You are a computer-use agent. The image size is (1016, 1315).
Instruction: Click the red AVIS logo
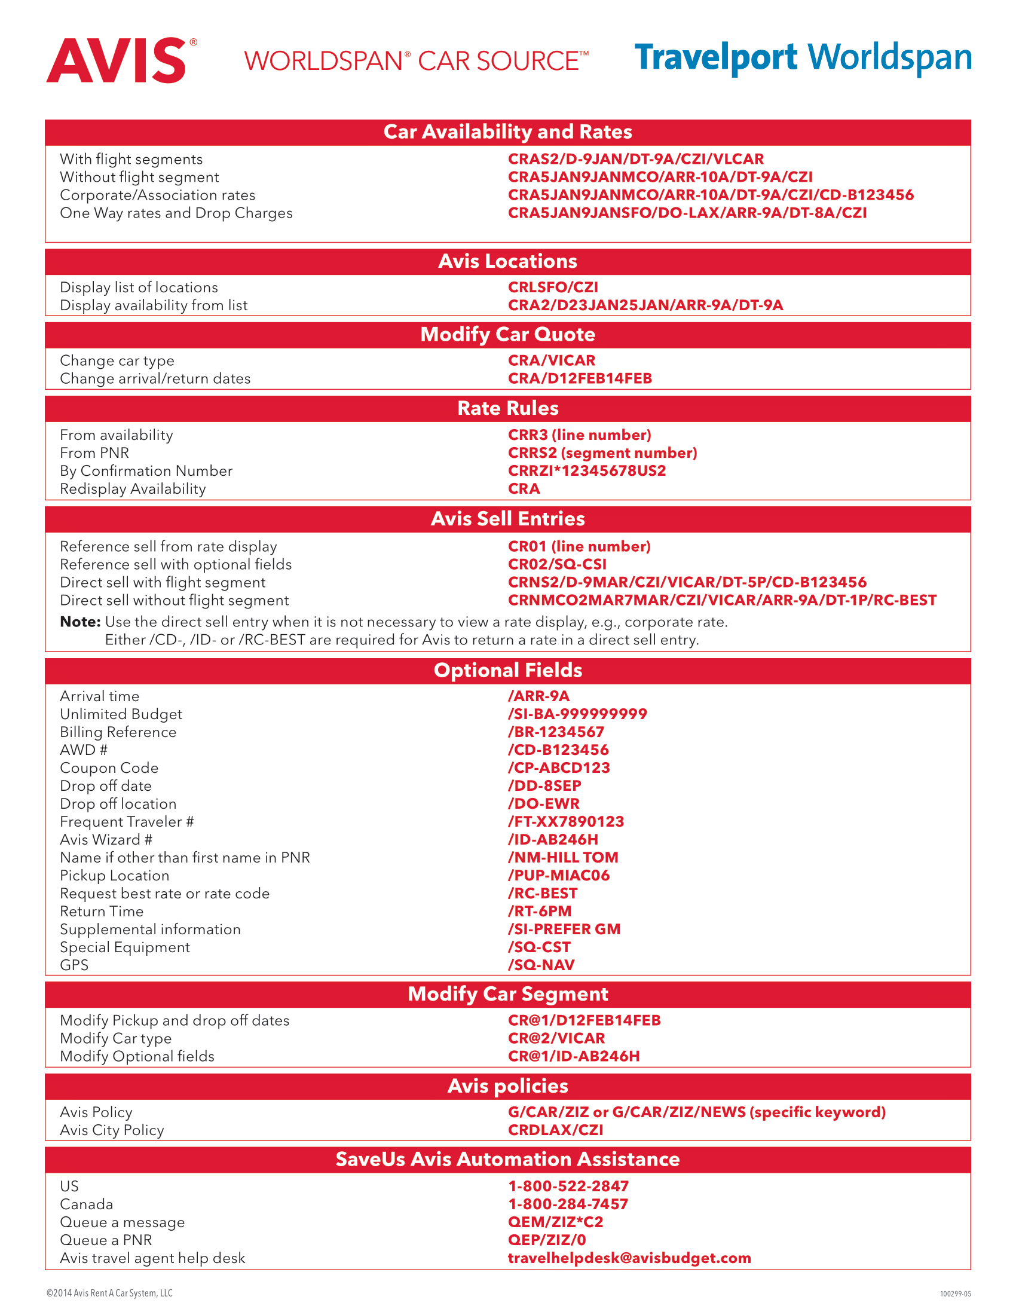click(120, 60)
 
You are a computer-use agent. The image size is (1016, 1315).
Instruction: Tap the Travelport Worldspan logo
click(802, 58)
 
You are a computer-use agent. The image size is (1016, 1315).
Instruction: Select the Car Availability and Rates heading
click(507, 132)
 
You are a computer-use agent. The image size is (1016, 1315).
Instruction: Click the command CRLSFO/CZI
click(553, 287)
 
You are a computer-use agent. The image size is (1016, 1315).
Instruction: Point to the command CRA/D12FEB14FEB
click(580, 379)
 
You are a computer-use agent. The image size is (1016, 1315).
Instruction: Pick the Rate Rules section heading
click(507, 408)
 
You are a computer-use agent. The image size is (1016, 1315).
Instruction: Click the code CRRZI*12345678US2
click(586, 471)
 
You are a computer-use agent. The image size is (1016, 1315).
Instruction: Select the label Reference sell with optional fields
click(176, 565)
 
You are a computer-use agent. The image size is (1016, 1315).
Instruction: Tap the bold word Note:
click(80, 622)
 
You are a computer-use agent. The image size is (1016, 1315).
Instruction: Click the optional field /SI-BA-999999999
click(577, 714)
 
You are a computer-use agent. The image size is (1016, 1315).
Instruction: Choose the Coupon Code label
click(109, 768)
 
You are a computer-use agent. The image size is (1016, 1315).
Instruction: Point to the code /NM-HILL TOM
click(563, 857)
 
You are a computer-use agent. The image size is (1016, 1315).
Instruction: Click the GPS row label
click(74, 965)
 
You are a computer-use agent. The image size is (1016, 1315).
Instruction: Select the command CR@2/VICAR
click(556, 1039)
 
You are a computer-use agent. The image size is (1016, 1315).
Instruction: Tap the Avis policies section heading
click(507, 1086)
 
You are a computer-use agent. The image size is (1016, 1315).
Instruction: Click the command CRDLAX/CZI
click(555, 1130)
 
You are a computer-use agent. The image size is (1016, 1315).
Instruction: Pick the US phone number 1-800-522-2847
click(568, 1186)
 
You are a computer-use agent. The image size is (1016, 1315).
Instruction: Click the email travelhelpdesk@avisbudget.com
click(629, 1258)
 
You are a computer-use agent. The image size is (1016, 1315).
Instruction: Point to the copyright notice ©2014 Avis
click(109, 1293)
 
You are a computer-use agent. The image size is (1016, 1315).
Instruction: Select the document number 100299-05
click(955, 1294)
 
